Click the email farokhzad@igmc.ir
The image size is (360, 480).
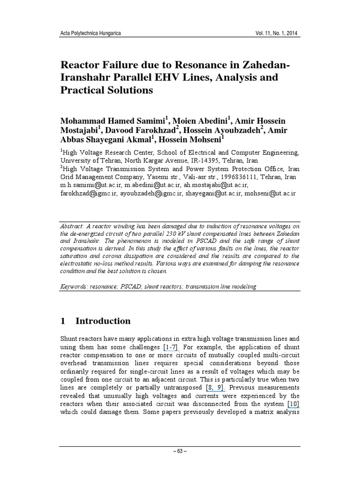(x=88, y=194)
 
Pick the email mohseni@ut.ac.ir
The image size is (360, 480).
(x=270, y=194)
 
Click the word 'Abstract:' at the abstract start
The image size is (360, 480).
(x=75, y=226)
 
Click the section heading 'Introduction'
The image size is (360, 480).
(x=103, y=321)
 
